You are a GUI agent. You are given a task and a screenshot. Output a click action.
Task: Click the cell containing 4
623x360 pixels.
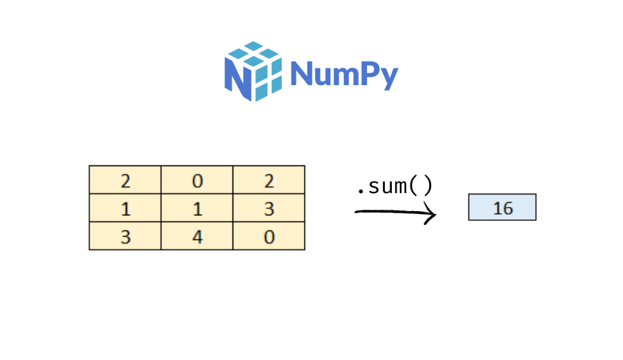click(197, 237)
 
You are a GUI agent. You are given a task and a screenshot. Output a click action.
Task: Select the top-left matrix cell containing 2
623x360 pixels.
click(125, 181)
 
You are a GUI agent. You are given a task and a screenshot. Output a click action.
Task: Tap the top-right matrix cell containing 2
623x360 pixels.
click(269, 181)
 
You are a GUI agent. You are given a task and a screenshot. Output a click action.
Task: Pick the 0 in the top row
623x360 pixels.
click(197, 181)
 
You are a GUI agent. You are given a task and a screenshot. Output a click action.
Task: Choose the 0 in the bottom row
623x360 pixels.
click(269, 237)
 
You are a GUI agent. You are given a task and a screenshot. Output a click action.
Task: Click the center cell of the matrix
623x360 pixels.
click(197, 208)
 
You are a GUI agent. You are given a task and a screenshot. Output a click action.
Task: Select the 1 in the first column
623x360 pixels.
click(125, 208)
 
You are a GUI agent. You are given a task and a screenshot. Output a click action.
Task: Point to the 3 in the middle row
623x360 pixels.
click(269, 208)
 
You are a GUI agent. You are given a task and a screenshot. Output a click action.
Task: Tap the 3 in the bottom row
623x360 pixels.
click(125, 237)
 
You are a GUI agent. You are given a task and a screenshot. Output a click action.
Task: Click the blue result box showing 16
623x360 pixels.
click(502, 207)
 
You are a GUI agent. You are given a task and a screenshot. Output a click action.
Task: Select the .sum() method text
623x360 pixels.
click(394, 187)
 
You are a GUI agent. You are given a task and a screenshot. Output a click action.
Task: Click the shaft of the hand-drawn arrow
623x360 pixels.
click(388, 212)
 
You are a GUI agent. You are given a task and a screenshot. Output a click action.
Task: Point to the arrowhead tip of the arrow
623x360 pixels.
click(435, 214)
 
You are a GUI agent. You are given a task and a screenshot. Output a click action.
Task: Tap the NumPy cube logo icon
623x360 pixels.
click(253, 71)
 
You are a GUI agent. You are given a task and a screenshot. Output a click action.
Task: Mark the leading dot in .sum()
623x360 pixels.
click(359, 192)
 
